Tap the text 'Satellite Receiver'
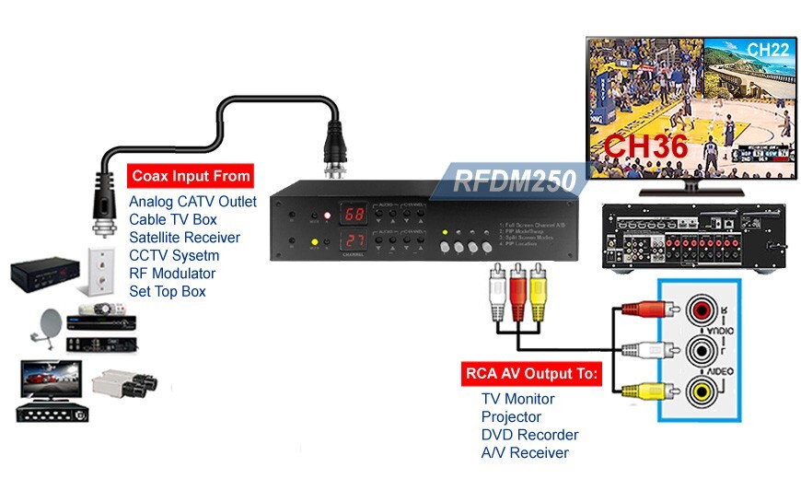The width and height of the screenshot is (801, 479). pos(184,238)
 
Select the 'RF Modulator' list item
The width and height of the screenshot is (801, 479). pos(172,274)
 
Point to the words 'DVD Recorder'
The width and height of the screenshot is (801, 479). pos(529,435)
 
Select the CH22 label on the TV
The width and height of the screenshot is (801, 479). pos(766,51)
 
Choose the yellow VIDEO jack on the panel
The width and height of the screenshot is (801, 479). pos(702,391)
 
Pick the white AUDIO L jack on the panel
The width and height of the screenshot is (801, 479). pos(702,350)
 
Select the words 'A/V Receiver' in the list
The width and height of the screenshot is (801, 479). pos(525,453)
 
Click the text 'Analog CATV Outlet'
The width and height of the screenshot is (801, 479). pos(192,202)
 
